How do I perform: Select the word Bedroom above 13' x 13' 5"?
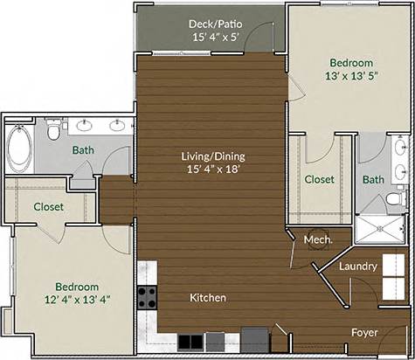350,62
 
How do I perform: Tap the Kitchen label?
208,298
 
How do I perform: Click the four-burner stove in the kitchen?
146,295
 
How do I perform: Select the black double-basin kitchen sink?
190,339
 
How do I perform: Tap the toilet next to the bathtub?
53,133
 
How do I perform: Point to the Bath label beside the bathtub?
83,150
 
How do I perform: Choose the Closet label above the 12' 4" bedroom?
47,207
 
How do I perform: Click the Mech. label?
315,239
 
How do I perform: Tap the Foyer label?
364,332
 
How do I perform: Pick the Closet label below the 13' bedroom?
319,179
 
